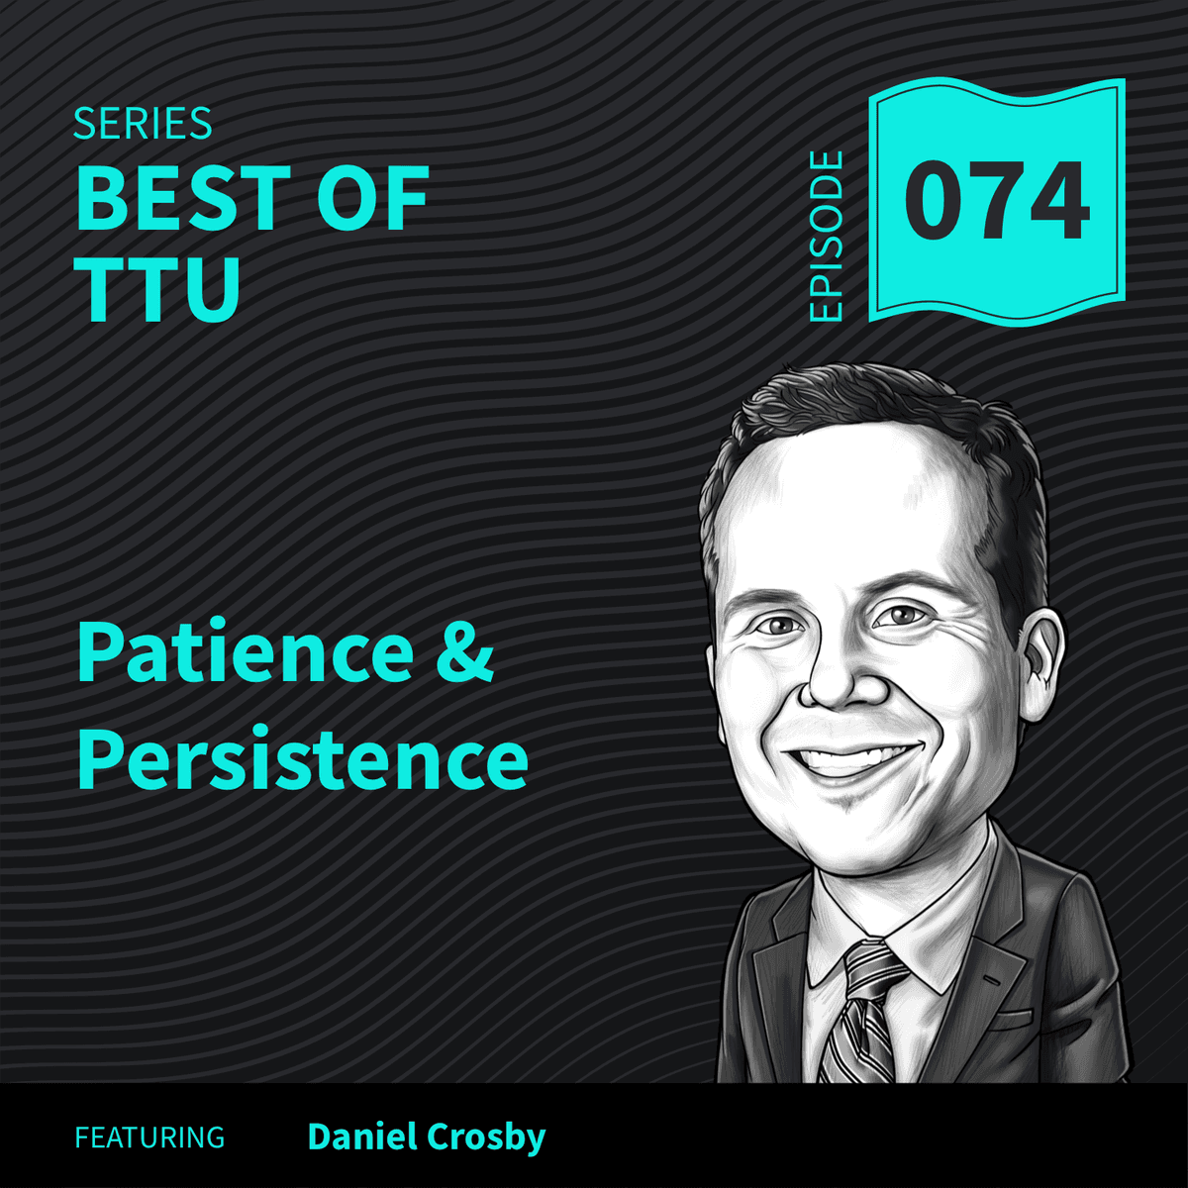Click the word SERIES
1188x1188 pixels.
[x=143, y=125]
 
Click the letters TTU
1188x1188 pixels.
[x=158, y=288]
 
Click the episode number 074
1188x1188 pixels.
[x=996, y=203]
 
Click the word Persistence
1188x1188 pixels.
[x=302, y=760]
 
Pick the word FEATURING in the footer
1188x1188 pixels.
[x=149, y=1138]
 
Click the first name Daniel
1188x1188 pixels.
[x=363, y=1137]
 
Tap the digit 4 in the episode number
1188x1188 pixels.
[x=1055, y=203]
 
